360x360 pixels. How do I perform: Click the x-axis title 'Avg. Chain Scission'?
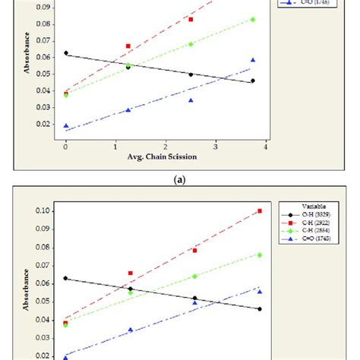(159, 158)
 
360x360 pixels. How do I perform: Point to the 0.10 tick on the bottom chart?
(45, 210)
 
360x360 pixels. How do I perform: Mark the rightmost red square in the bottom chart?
(260, 211)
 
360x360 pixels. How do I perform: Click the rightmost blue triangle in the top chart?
(253, 60)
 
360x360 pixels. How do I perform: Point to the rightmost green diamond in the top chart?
(253, 20)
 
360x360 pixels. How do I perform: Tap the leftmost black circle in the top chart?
(66, 53)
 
